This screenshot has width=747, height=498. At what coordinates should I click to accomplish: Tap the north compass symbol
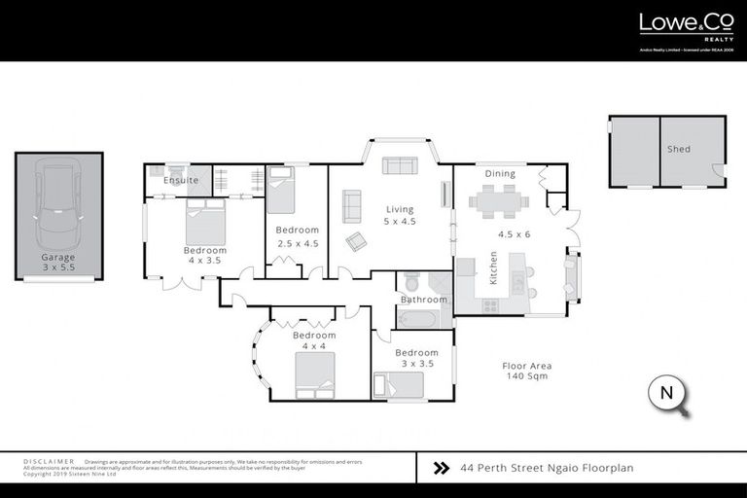tap(667, 395)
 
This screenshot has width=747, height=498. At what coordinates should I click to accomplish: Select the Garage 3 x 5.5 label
tap(57, 263)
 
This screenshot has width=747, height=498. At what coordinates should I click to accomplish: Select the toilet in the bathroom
tap(410, 283)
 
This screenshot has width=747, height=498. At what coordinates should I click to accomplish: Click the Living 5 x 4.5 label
tap(400, 215)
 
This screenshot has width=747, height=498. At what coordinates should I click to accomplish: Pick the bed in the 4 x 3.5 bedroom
tap(205, 223)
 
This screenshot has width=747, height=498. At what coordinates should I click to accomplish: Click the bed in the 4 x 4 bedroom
tap(315, 376)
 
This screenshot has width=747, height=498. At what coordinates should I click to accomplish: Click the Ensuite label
tap(181, 181)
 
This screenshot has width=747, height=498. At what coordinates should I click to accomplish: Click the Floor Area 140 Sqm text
tap(526, 372)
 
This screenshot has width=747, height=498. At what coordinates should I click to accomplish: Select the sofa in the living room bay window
tap(399, 165)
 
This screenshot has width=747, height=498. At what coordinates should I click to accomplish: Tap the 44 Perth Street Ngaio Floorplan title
tap(547, 468)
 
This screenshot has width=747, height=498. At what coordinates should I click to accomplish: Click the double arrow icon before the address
tap(441, 468)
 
